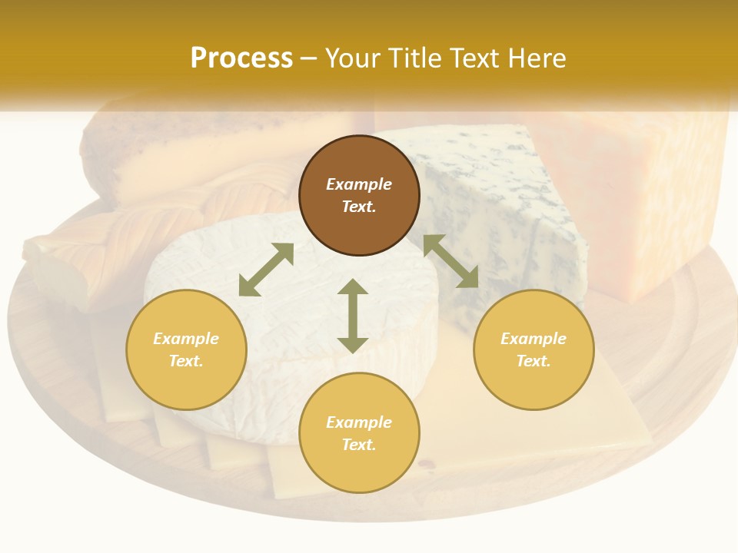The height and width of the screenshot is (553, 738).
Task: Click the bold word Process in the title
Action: pos(241,58)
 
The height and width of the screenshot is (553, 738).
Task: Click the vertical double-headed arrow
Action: pos(353,316)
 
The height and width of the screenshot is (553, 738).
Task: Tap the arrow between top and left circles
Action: pos(266,270)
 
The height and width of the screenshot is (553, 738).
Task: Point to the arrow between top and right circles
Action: pos(450,261)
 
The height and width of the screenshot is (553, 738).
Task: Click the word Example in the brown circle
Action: pos(359,184)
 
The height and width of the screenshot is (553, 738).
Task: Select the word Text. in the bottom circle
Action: pos(359,445)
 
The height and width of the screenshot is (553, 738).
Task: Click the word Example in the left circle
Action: pos(186,339)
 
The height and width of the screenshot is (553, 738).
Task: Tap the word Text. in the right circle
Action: pos(534,361)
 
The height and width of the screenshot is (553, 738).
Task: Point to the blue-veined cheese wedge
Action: pos(500,200)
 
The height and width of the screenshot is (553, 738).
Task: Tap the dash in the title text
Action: pos(309,58)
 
